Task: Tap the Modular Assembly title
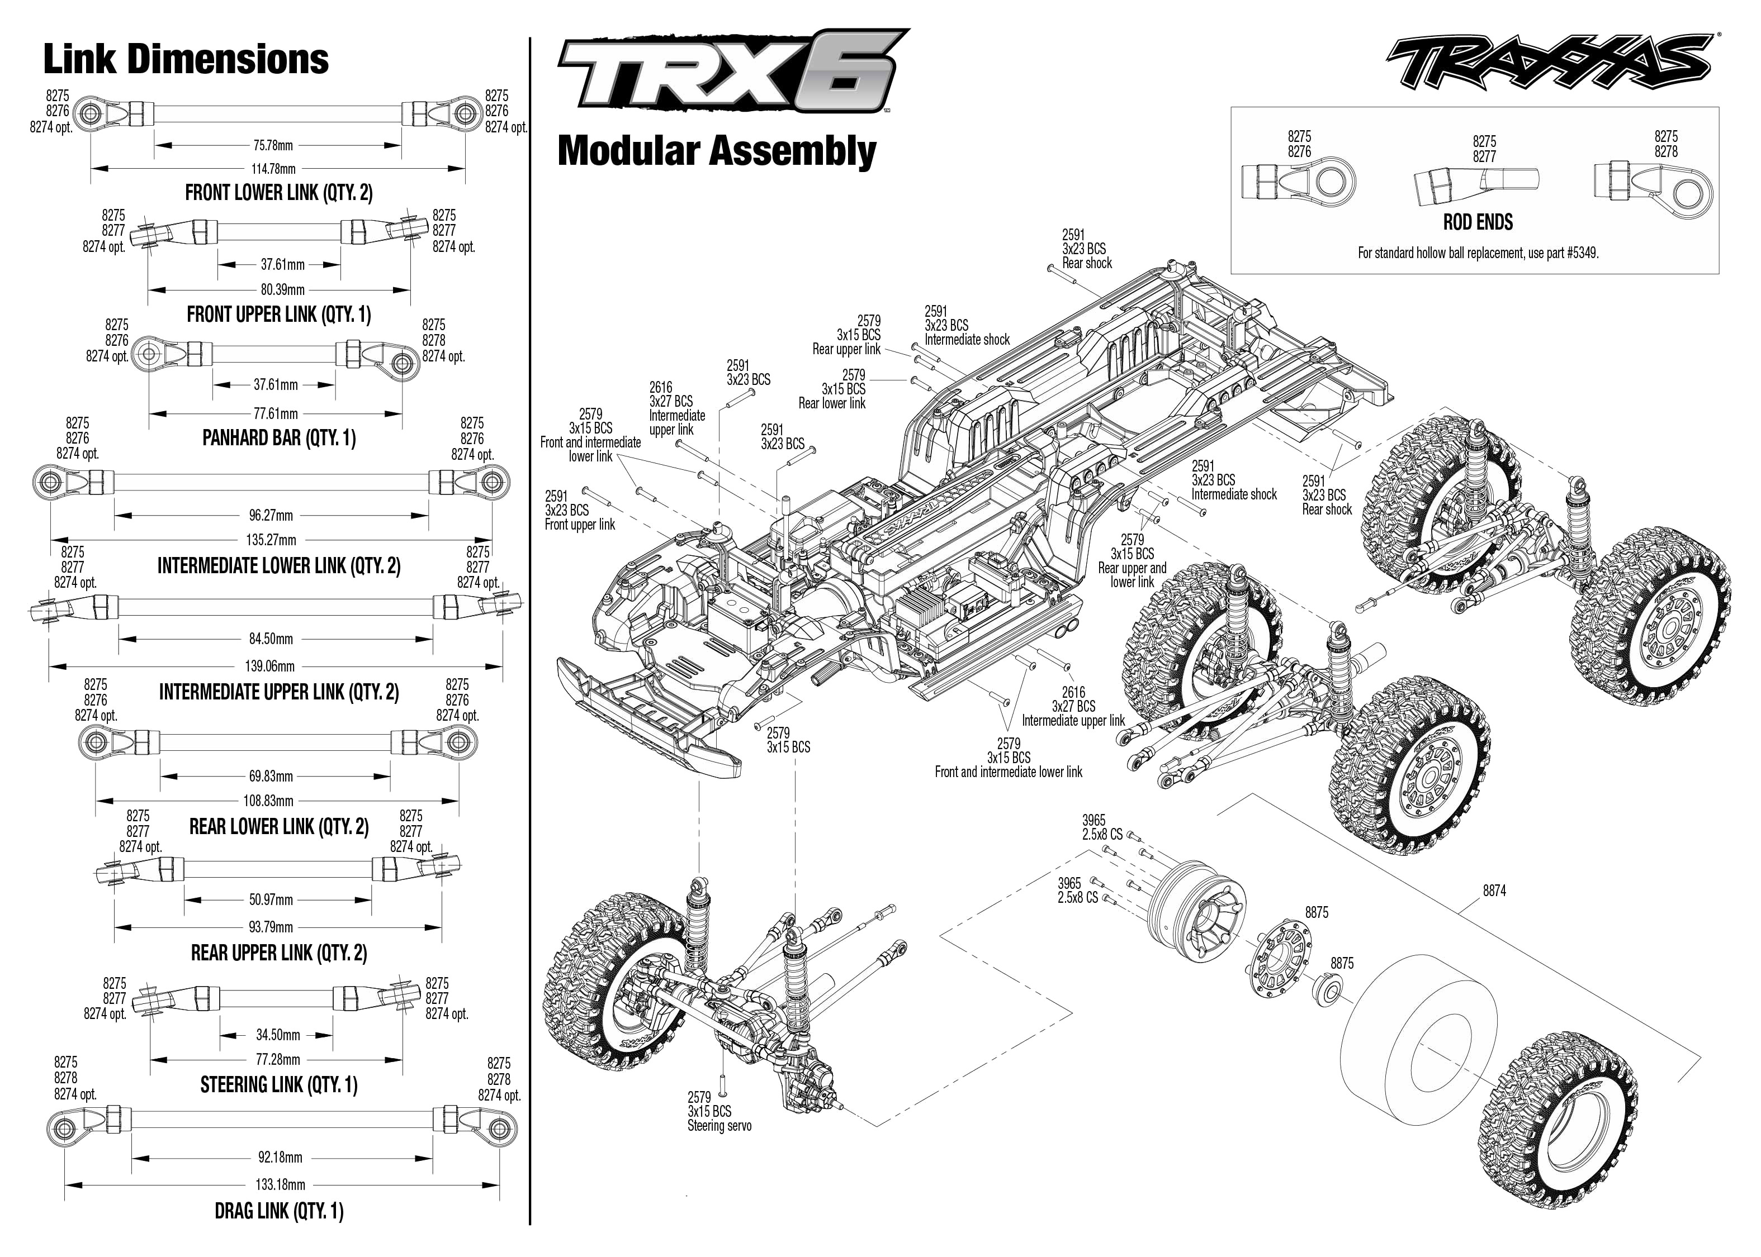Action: pyautogui.click(x=716, y=151)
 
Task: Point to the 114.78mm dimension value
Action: pyautogui.click(x=273, y=169)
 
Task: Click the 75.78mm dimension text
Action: pyautogui.click(x=273, y=145)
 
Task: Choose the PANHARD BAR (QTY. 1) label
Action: pyautogui.click(x=279, y=438)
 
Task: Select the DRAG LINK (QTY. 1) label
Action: pyautogui.click(x=279, y=1211)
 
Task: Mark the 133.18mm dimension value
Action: pyautogui.click(x=280, y=1185)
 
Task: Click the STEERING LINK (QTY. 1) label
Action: pyautogui.click(x=279, y=1085)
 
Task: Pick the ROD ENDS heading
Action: pyautogui.click(x=1478, y=222)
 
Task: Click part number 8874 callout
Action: pyautogui.click(x=1494, y=891)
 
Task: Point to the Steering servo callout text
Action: pyautogui.click(x=719, y=1125)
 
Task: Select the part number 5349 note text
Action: pyautogui.click(x=1478, y=253)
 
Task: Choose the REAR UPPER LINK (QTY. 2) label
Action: pyautogui.click(x=279, y=953)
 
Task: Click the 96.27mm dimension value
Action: pyautogui.click(x=271, y=516)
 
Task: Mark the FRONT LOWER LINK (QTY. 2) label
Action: pyautogui.click(x=279, y=193)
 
